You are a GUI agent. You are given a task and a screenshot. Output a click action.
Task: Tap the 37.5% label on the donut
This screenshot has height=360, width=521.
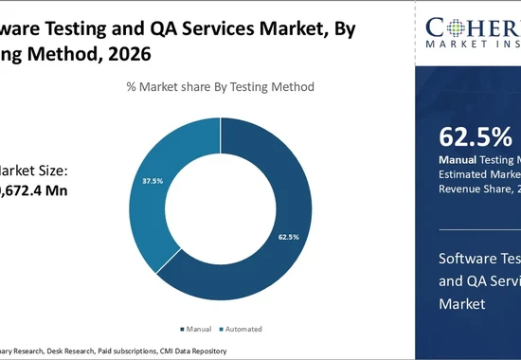[153, 180]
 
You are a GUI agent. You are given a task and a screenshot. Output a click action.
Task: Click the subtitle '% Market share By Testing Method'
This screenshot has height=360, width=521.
[220, 86]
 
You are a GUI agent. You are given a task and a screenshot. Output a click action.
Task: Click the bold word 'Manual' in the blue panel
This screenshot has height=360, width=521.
[458, 158]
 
